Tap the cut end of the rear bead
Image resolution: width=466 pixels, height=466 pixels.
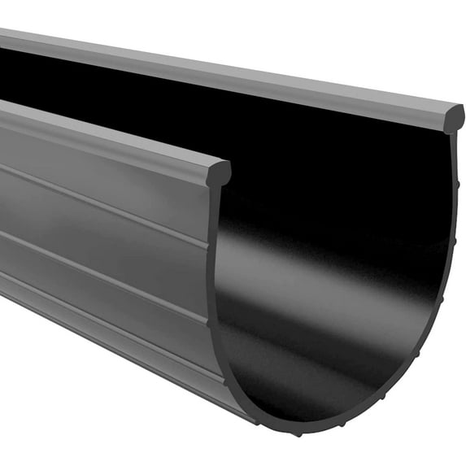pyautogui.click(x=453, y=118)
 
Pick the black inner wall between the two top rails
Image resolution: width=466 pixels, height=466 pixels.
pyautogui.click(x=244, y=122)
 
